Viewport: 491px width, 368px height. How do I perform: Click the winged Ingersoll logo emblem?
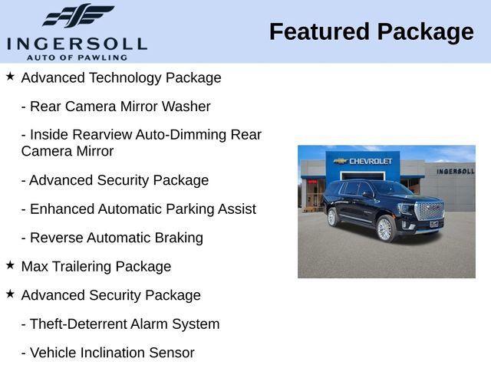tap(78, 15)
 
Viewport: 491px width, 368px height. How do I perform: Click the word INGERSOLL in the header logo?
tap(77, 44)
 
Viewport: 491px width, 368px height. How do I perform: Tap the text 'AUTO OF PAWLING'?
tap(77, 58)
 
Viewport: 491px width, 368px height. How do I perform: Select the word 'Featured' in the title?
tap(319, 31)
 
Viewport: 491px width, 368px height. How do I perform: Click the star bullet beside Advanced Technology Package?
tap(10, 76)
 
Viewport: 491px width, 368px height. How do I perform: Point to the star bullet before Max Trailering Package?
tap(10, 265)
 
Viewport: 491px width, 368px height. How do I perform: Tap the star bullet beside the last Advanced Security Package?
tap(10, 294)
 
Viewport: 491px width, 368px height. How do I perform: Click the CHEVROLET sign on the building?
tap(363, 161)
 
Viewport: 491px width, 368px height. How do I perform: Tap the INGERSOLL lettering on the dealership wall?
tap(456, 171)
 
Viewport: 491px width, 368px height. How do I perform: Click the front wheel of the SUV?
tap(385, 228)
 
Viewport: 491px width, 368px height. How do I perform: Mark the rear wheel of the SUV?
tap(332, 217)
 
